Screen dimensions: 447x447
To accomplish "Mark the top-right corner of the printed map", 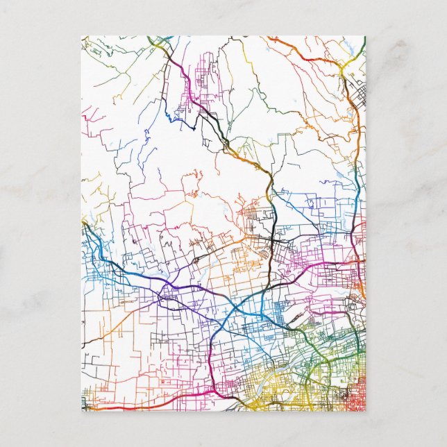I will coord(365,36).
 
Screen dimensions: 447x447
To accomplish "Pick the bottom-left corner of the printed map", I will coord(81,411).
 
